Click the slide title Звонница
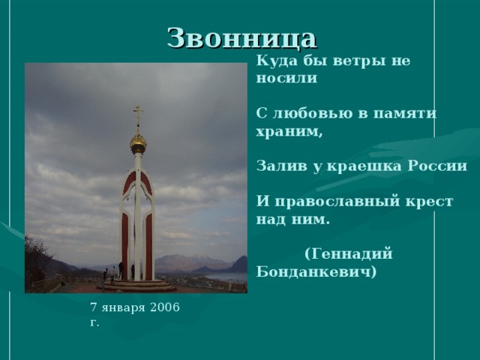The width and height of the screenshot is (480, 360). [241, 37]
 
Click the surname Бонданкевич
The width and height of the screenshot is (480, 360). [316, 271]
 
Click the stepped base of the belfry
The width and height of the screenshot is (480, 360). [138, 285]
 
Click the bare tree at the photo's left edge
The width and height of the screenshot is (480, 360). [36, 262]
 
